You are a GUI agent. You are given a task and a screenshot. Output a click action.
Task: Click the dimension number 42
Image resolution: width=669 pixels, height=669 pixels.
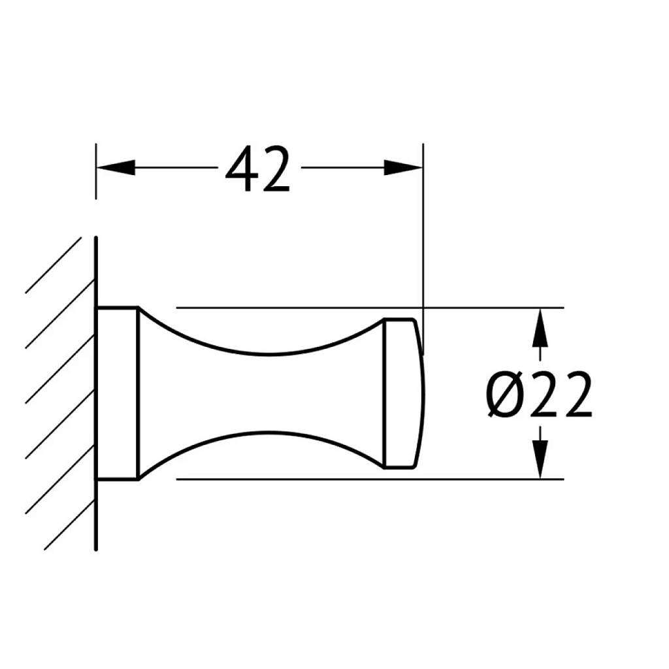[257, 169]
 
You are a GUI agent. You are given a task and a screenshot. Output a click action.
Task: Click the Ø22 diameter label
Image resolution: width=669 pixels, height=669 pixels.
[539, 394]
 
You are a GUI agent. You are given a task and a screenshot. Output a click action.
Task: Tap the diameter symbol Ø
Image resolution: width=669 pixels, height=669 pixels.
[506, 394]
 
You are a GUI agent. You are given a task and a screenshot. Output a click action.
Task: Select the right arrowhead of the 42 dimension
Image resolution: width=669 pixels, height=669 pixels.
[403, 167]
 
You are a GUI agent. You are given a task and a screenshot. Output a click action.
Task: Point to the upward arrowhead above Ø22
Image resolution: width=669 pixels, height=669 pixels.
[540, 327]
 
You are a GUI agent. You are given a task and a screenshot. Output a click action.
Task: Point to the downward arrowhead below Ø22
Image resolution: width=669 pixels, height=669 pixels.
[540, 459]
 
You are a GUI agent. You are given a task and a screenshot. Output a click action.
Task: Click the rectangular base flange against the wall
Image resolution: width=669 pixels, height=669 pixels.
[118, 393]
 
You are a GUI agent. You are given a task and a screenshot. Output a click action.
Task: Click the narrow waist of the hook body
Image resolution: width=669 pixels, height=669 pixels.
[268, 393]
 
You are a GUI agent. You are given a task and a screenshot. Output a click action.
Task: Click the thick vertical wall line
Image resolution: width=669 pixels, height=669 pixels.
[96, 393]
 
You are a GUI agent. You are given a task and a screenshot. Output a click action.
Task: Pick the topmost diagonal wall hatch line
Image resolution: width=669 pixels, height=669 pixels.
[54, 265]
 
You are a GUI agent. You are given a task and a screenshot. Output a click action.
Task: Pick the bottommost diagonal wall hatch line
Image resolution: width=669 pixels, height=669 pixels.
[69, 525]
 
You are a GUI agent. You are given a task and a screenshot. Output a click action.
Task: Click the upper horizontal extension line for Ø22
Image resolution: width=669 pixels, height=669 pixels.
[370, 307]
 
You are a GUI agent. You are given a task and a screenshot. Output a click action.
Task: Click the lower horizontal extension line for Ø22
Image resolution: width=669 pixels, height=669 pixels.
[370, 479]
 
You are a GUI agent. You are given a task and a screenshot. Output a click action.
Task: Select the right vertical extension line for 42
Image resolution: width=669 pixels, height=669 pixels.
[423, 249]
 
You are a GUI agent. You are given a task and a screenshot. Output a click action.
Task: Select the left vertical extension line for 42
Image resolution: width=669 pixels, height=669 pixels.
[96, 171]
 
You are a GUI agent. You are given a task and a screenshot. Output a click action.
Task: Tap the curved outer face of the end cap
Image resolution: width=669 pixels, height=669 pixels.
[423, 393]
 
